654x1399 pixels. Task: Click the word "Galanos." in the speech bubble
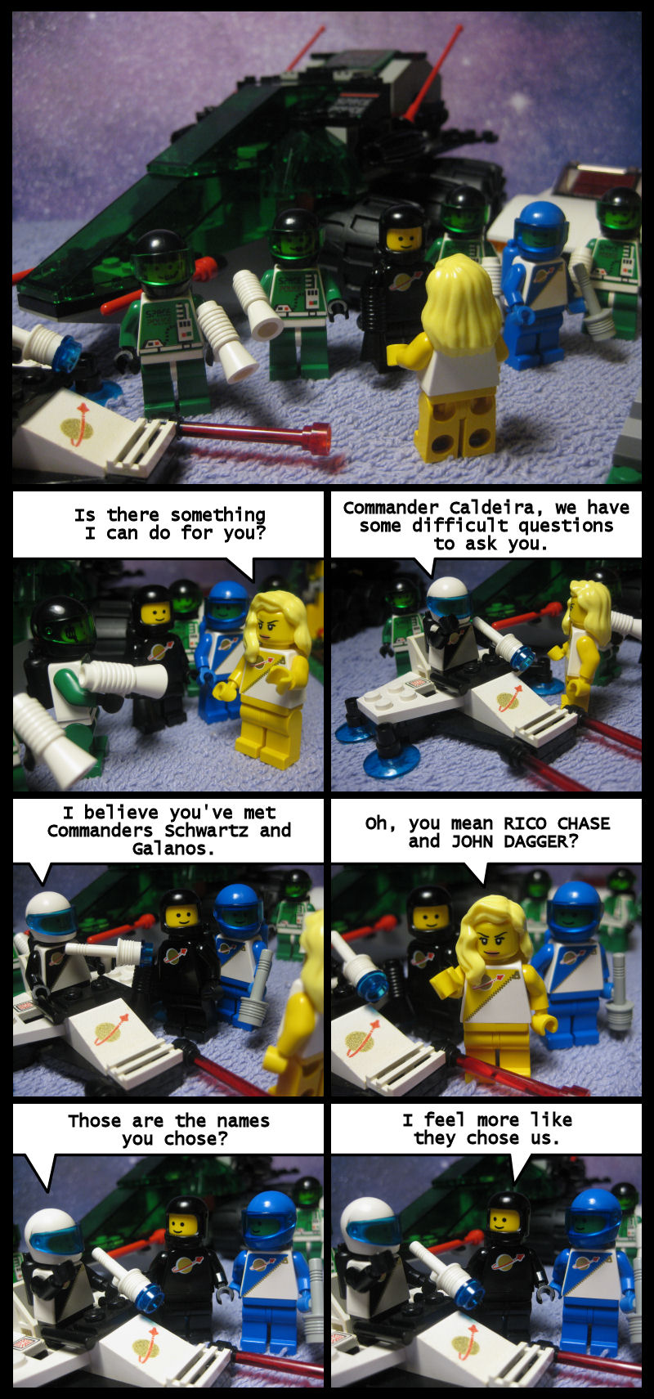tap(168, 849)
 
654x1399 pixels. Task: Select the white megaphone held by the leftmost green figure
tap(226, 339)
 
